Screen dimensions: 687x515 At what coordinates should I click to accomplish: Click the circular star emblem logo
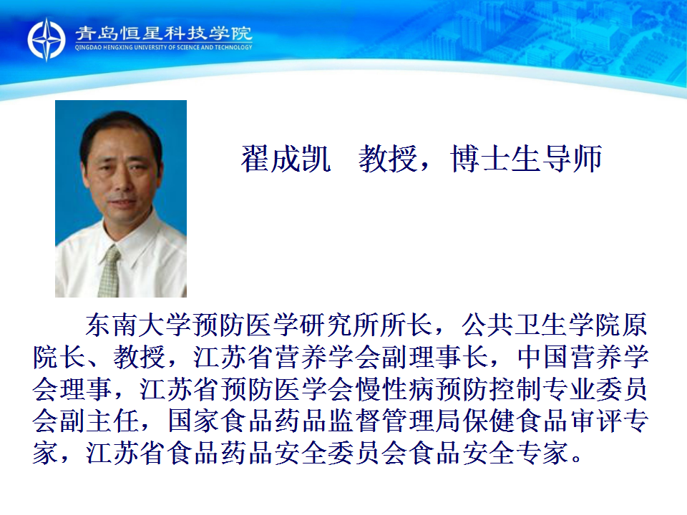click(47, 39)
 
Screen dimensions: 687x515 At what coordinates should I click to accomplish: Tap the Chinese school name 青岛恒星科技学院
click(163, 33)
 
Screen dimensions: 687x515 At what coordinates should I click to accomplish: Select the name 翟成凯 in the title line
click(286, 159)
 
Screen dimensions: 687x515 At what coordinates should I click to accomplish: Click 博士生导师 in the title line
click(526, 159)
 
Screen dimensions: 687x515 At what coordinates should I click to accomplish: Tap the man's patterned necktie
click(109, 272)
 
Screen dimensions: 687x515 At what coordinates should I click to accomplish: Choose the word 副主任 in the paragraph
click(99, 421)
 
